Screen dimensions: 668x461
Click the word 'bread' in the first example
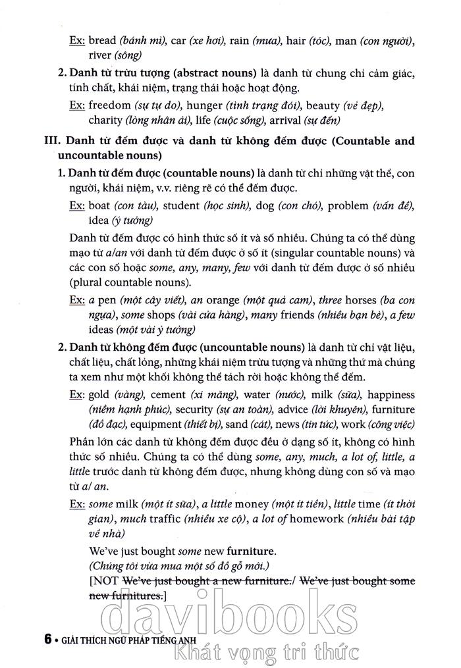[101, 41]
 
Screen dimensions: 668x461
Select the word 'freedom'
[109, 105]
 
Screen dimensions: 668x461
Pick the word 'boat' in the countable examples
[100, 205]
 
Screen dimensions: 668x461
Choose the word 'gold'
[99, 395]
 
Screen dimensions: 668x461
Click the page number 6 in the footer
[47, 638]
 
